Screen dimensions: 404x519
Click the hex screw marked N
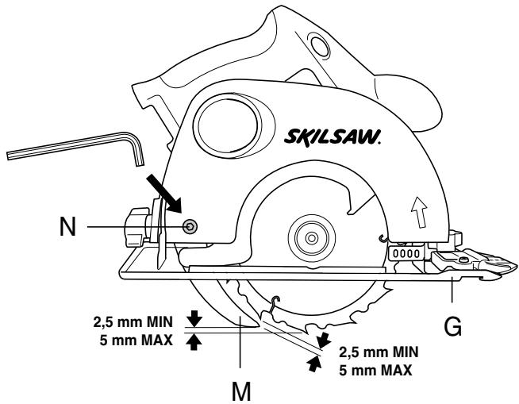pyautogui.click(x=190, y=227)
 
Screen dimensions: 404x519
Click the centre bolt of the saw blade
pyautogui.click(x=307, y=239)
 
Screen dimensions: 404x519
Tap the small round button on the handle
pyautogui.click(x=318, y=46)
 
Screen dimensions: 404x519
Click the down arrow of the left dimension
pyautogui.click(x=193, y=319)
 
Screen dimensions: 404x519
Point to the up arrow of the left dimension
pyautogui.click(x=193, y=342)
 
